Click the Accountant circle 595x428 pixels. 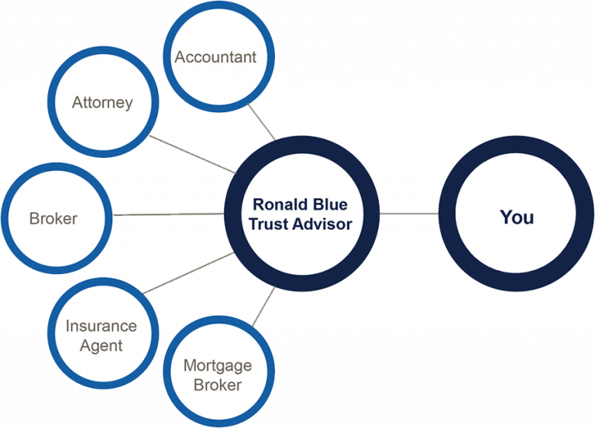[215, 57]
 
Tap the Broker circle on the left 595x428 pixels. [53, 218]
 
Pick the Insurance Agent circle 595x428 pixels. [101, 335]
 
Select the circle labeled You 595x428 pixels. [516, 217]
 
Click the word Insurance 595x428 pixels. [101, 326]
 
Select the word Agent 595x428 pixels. [101, 345]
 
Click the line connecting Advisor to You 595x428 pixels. [409, 214]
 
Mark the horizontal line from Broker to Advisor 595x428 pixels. [167, 214]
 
